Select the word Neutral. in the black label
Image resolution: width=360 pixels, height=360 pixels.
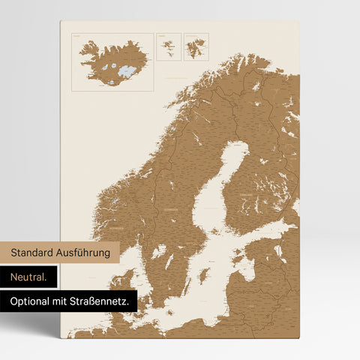click(x=28, y=277)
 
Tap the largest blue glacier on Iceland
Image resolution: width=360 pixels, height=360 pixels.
click(x=128, y=71)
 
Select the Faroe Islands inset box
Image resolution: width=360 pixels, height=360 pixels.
click(x=169, y=46)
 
